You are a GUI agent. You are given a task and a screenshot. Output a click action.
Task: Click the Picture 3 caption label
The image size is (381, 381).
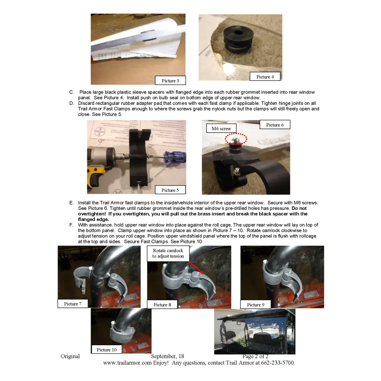(x=170, y=80)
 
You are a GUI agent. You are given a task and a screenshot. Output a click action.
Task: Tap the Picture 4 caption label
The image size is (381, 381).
(x=265, y=77)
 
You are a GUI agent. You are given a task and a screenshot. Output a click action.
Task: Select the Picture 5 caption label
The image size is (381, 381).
(x=170, y=190)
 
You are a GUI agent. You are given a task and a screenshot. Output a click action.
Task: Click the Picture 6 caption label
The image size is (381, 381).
(x=275, y=125)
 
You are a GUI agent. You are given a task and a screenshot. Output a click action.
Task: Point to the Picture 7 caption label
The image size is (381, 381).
(x=73, y=304)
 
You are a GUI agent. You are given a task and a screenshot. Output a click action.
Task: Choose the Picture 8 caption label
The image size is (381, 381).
(x=162, y=304)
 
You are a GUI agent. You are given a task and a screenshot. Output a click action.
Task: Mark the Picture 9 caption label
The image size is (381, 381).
(x=256, y=304)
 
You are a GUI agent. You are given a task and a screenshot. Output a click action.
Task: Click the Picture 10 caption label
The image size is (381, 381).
(x=107, y=349)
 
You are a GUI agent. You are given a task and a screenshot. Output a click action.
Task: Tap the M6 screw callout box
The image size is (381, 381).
(x=221, y=128)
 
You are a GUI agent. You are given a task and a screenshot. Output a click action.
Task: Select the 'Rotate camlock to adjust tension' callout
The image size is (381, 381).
(x=168, y=253)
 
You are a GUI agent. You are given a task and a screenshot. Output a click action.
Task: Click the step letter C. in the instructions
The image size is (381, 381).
(x=71, y=92)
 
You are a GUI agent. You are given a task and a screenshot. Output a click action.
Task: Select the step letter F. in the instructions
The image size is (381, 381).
(x=71, y=225)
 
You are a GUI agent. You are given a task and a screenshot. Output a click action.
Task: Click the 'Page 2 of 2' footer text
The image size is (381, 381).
(x=258, y=356)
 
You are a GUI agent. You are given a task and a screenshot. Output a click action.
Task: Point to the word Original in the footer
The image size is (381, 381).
(x=70, y=356)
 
